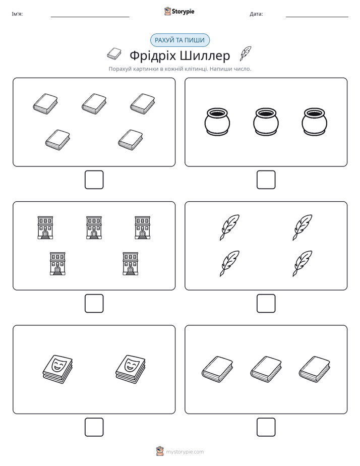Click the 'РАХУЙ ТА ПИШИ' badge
coord(179,40)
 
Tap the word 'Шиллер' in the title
coord(205,55)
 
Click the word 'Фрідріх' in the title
coord(152,55)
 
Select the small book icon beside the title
coord(114,54)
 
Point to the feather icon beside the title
coord(246,53)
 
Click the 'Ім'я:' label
coord(17,14)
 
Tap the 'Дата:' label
coord(256,14)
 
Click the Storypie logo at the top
coord(179,12)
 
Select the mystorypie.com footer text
coord(185,452)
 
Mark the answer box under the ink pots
coord(266,180)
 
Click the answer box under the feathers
coord(266,304)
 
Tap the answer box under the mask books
coord(94,427)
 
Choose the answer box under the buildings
coord(94,304)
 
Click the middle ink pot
coord(266,122)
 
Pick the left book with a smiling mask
coord(57,369)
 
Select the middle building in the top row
coord(94,227)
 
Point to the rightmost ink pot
coord(315,122)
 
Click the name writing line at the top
coord(90,17)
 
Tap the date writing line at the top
coord(317,17)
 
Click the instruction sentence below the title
coord(179,69)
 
